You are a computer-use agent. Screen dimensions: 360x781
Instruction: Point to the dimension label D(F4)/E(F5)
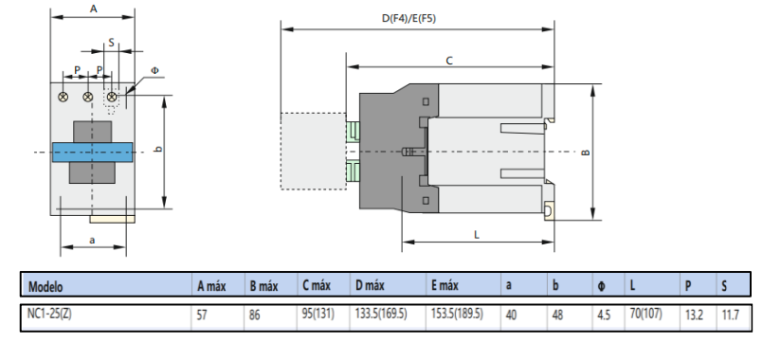click(416, 18)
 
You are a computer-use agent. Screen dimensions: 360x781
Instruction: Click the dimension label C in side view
click(449, 60)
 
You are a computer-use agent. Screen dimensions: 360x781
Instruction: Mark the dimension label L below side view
click(476, 232)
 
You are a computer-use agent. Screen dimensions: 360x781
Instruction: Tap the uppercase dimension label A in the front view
click(92, 9)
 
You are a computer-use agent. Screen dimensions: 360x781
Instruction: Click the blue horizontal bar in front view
click(92, 153)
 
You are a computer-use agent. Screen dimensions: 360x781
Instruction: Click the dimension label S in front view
click(111, 43)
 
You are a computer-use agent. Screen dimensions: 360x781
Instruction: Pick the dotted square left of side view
click(312, 151)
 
